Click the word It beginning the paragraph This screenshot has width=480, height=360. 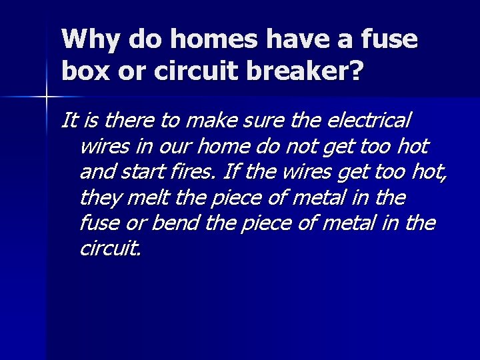67,121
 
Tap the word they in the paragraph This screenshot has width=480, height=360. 98,198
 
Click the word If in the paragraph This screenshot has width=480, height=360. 231,173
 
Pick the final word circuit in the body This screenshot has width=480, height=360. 109,249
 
